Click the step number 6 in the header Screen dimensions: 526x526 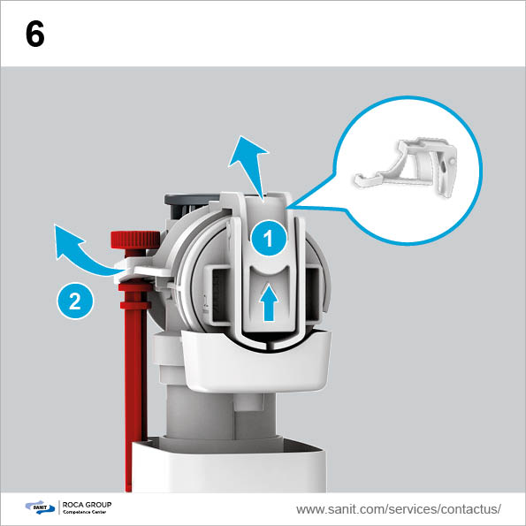(x=34, y=34)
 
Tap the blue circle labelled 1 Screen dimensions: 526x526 (x=269, y=239)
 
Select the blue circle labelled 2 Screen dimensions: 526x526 (x=75, y=301)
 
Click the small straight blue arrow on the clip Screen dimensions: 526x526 (x=270, y=302)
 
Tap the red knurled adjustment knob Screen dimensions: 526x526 (x=135, y=240)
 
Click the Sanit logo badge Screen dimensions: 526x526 (x=40, y=507)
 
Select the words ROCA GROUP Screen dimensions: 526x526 (x=87, y=505)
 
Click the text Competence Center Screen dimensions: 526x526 (x=85, y=512)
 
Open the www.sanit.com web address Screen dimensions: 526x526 (x=399, y=509)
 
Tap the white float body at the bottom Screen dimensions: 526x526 (x=228, y=466)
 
